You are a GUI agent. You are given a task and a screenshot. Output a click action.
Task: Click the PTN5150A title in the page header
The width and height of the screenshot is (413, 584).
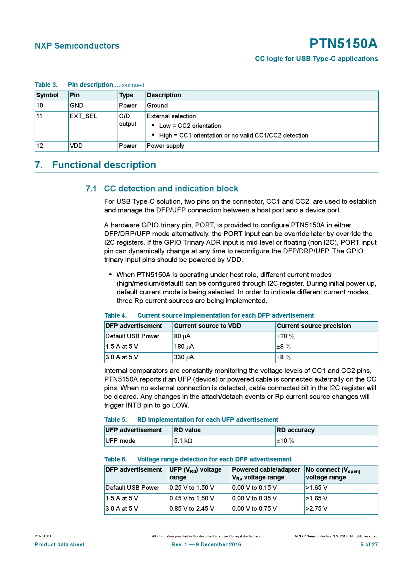(x=343, y=44)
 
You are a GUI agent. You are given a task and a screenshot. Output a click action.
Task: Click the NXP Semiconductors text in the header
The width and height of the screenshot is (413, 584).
(x=77, y=46)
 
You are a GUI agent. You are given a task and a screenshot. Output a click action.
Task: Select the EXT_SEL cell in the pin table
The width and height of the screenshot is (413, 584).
(x=83, y=116)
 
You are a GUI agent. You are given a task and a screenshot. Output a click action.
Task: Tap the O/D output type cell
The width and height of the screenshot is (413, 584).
(x=128, y=120)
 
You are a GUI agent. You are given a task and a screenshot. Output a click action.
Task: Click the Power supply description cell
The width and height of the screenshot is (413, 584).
(x=165, y=146)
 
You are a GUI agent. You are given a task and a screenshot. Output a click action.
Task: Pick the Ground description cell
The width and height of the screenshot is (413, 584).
(x=157, y=106)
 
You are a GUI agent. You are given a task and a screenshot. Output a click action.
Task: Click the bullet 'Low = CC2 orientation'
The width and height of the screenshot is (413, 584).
(x=190, y=126)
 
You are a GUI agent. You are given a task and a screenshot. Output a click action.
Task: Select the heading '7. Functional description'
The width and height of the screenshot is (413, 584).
(x=95, y=165)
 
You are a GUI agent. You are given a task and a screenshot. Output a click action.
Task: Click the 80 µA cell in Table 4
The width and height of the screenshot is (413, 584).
(x=182, y=336)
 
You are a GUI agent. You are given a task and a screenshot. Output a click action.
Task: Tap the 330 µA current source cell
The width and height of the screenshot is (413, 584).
(x=184, y=357)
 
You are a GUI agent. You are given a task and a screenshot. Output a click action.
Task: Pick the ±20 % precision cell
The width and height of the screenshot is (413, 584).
(x=285, y=336)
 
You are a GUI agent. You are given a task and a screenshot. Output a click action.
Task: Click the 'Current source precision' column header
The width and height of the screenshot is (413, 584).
(x=314, y=326)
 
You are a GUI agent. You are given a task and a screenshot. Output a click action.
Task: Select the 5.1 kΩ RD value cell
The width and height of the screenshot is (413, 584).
(x=183, y=441)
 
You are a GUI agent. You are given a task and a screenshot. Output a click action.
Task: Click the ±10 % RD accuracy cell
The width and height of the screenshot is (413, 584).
(x=285, y=441)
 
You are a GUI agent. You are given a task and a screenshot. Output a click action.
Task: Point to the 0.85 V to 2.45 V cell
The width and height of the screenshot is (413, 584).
(x=192, y=509)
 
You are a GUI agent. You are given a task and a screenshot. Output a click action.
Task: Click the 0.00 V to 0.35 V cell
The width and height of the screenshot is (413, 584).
(x=254, y=498)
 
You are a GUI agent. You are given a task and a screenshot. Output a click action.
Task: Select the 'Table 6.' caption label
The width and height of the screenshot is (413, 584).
(x=115, y=459)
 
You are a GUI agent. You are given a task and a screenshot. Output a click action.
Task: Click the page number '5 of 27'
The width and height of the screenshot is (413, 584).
(x=369, y=545)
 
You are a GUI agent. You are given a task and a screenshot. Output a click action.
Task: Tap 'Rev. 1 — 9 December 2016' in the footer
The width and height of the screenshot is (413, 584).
(x=206, y=545)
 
